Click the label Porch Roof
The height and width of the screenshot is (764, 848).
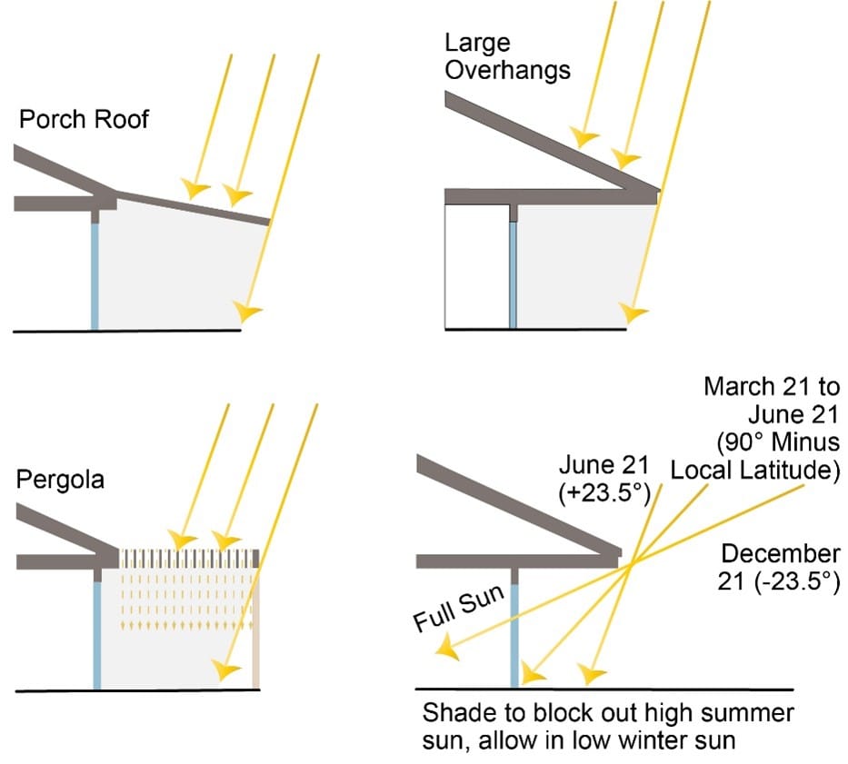84,119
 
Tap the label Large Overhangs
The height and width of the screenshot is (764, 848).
507,56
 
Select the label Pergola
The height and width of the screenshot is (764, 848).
60,480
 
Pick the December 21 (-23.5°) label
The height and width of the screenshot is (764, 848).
779,568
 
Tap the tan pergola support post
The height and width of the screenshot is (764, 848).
256,627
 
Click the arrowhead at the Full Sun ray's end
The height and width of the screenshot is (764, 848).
445,648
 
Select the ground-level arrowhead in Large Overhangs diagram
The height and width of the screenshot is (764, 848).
634,313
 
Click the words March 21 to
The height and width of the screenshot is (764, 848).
772,386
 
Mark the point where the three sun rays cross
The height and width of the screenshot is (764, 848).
631,565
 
